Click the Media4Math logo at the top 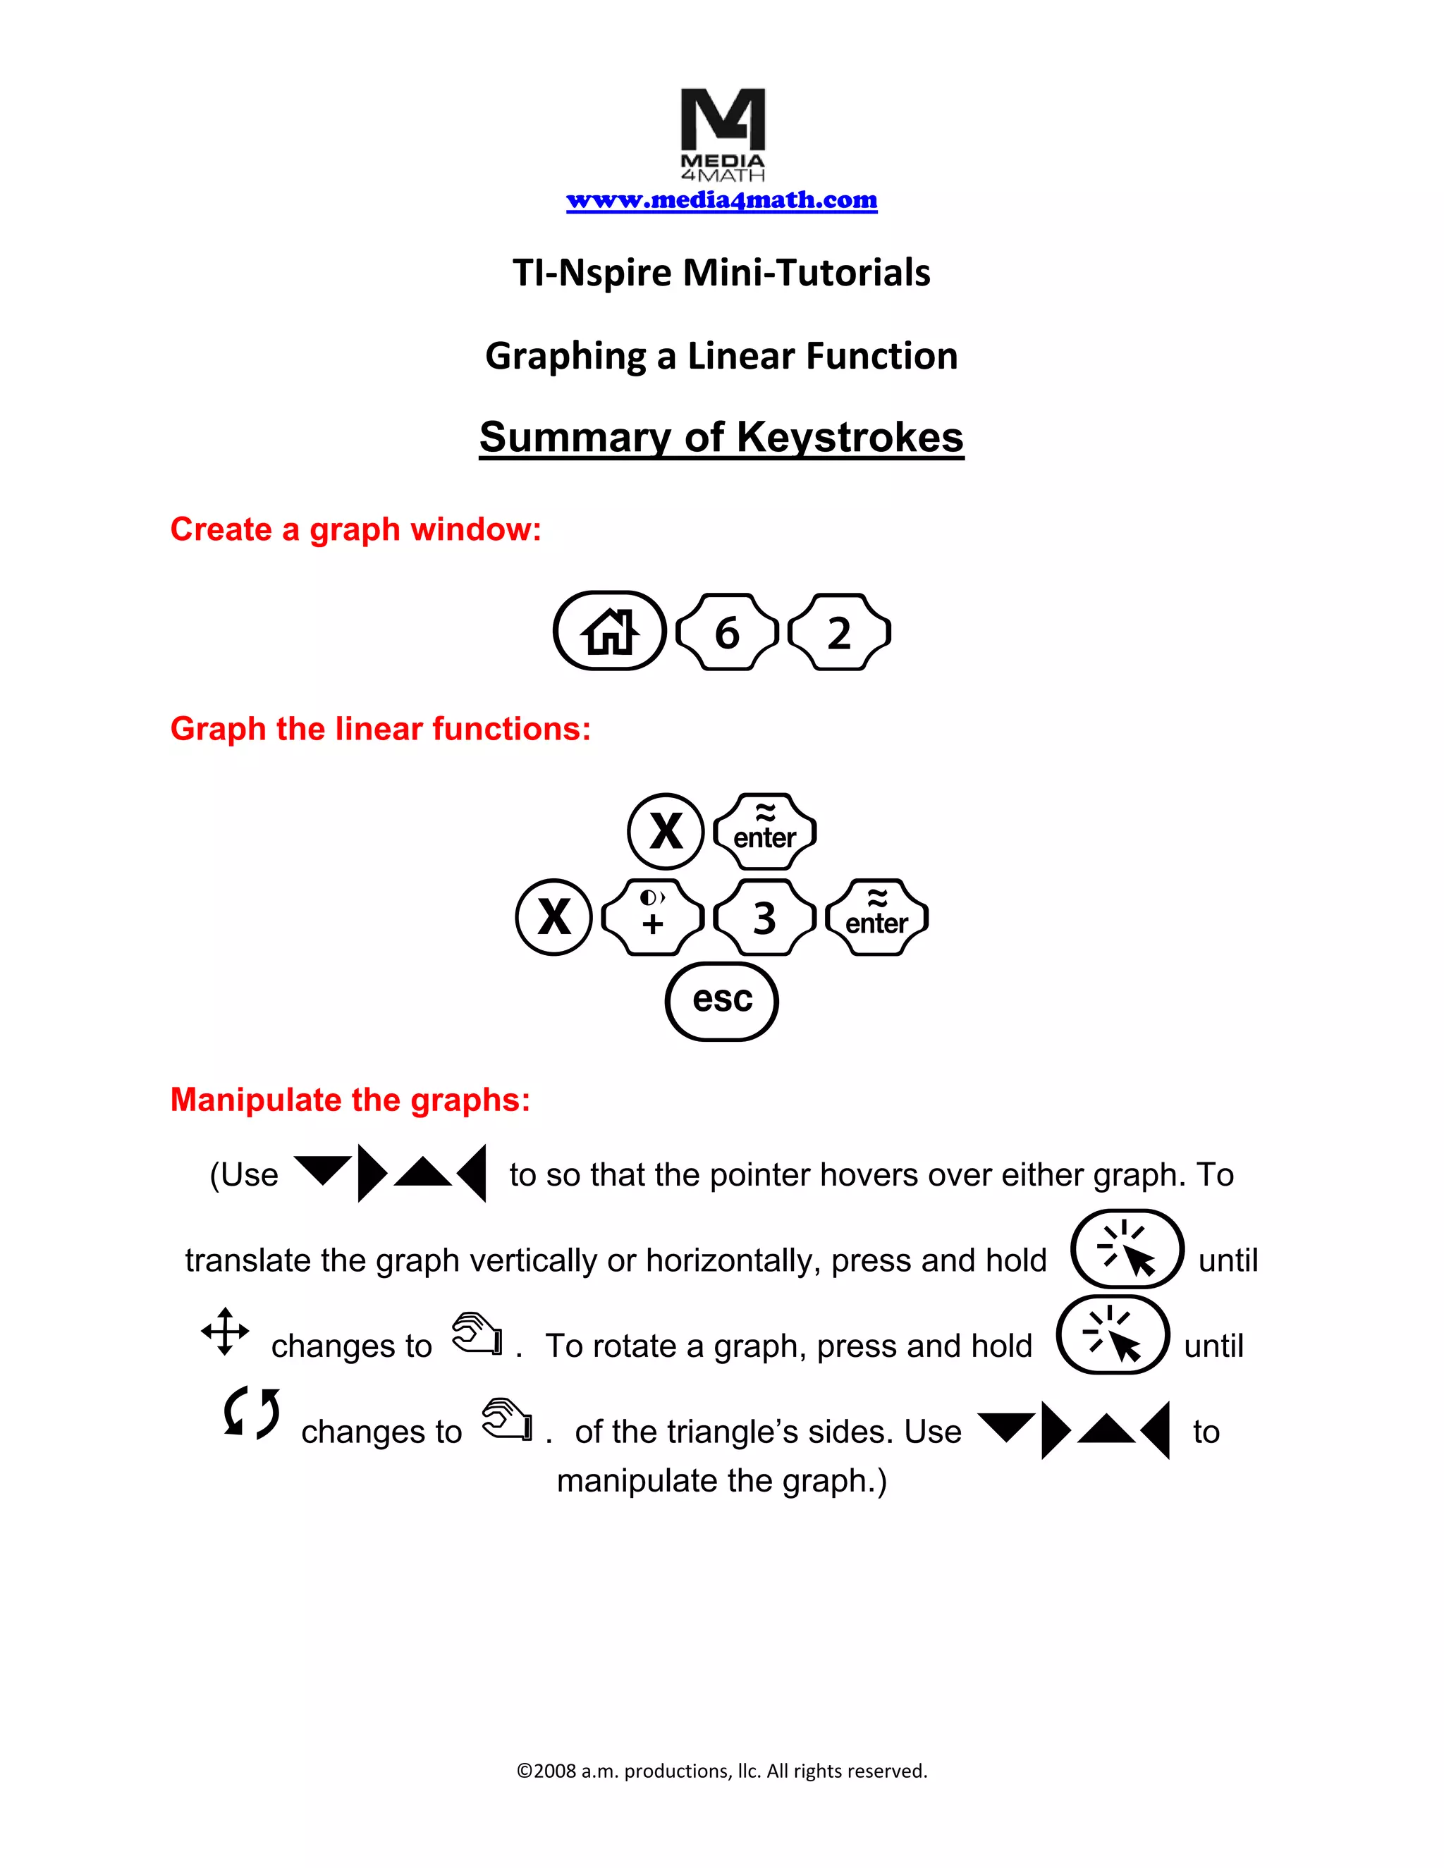tap(723, 133)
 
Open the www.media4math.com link tap(721, 200)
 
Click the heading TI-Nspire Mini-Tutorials tap(721, 273)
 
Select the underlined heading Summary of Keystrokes tap(721, 437)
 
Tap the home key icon tap(609, 631)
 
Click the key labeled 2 tap(839, 632)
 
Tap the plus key tap(653, 918)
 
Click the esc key tap(722, 1001)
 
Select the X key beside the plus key tap(554, 918)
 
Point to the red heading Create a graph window tap(356, 529)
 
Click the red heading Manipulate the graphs tap(350, 1100)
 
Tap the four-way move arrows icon tap(225, 1332)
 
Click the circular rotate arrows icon tap(250, 1412)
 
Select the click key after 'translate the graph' tap(1127, 1250)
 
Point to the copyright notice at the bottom tap(721, 1771)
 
